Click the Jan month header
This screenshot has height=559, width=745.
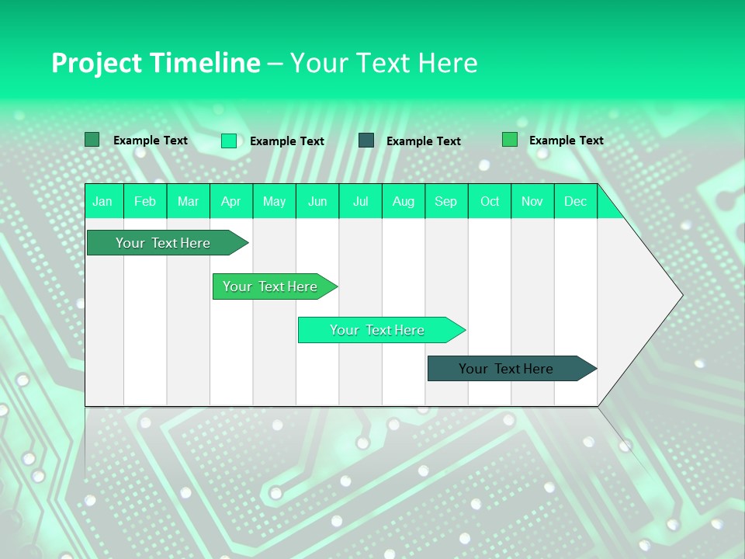[102, 201]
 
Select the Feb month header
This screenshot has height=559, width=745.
[145, 201]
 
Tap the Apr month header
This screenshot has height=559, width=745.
[231, 201]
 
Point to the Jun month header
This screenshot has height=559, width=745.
[317, 201]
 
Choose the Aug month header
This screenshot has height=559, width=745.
[404, 201]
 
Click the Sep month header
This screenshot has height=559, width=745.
[446, 201]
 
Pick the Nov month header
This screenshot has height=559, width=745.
[532, 201]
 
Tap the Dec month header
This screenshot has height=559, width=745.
[575, 201]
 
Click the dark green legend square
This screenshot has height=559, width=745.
[92, 140]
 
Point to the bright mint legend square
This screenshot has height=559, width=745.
[228, 141]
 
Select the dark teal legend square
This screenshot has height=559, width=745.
[366, 140]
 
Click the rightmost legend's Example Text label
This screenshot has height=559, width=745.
[566, 141]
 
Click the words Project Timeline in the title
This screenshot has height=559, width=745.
[155, 63]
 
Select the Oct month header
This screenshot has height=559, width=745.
[490, 201]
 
